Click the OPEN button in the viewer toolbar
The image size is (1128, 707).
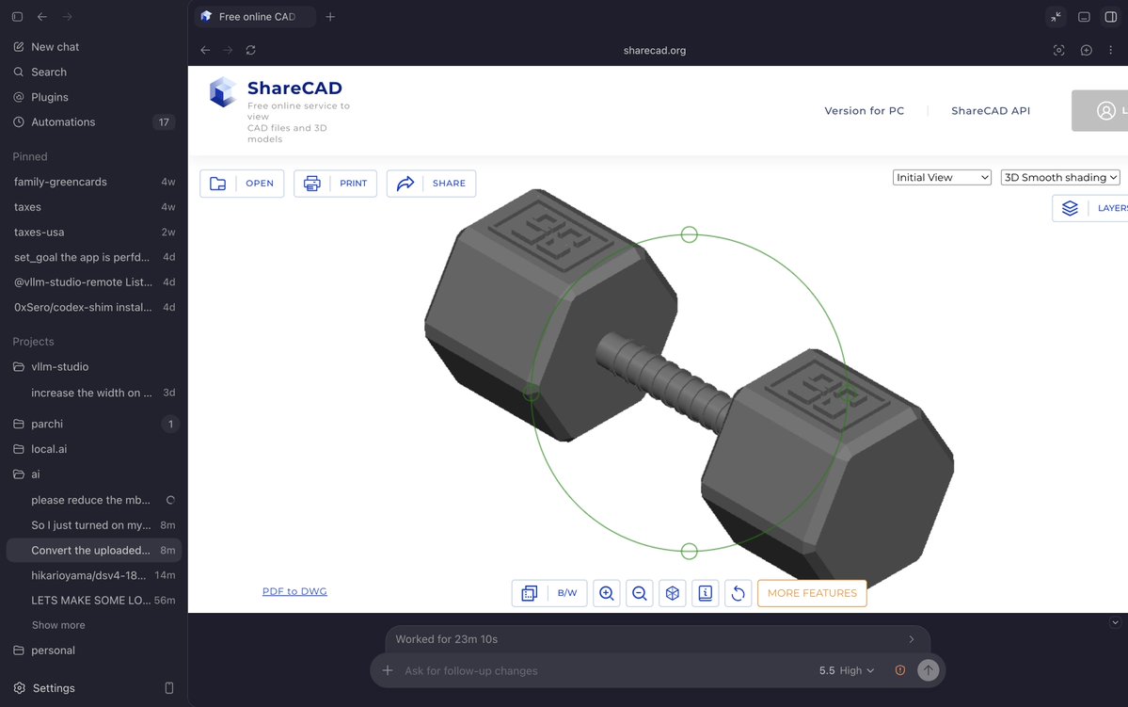pos(242,184)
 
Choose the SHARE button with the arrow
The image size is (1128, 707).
pos(431,184)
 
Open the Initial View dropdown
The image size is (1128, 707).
pos(942,177)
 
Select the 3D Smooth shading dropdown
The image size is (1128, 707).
pos(1060,177)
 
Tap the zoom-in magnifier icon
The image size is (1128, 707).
pos(607,593)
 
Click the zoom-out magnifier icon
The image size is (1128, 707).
pos(640,593)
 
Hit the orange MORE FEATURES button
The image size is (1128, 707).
pos(812,593)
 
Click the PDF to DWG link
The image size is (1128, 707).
pos(294,591)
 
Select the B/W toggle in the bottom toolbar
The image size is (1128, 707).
pos(567,593)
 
